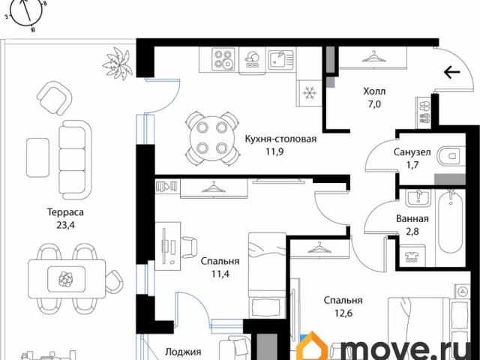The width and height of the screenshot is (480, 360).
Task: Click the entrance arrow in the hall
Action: coord(452,72)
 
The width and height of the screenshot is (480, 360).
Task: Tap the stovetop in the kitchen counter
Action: coord(223,59)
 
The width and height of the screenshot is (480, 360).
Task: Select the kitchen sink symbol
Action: coord(280,60)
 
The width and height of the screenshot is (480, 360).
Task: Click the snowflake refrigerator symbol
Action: coord(310,92)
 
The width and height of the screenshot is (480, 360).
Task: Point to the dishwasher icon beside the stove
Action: coord(253,60)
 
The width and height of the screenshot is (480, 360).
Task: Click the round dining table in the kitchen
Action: coord(211,139)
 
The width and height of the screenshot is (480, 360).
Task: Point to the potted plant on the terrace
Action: coord(117,63)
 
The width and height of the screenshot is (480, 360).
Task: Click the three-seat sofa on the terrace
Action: coord(74,160)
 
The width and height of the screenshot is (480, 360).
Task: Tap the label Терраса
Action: coord(65,212)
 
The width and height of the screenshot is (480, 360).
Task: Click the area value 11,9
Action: coord(274,151)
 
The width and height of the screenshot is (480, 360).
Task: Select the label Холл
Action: coord(374,91)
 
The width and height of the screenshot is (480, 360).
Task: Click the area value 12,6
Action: coord(343,313)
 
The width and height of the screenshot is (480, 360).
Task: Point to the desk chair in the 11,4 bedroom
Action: coord(190,247)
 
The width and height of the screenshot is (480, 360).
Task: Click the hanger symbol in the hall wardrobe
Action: coord(373,56)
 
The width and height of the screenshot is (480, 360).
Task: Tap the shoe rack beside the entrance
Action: coord(423,112)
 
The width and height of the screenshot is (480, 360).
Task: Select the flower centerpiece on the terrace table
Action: coord(66,278)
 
